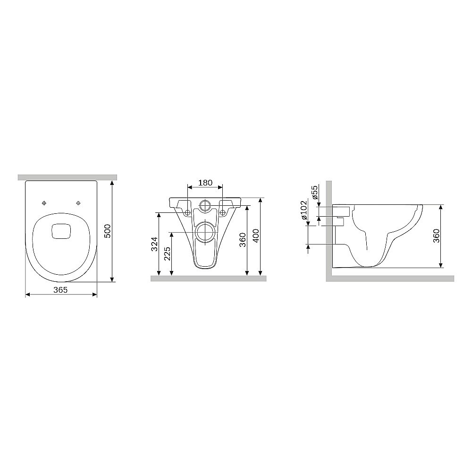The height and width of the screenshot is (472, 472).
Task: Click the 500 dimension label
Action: [108, 231]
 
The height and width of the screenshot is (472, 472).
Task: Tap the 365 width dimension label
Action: [60, 290]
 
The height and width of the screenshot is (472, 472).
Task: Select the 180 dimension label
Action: [205, 183]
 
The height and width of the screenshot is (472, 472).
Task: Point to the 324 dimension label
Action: [154, 244]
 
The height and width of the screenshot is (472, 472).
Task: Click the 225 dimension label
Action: [168, 254]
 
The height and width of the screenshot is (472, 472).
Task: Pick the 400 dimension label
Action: [255, 236]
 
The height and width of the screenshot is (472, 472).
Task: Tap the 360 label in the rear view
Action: [242, 240]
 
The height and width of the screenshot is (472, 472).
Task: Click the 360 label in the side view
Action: [436, 236]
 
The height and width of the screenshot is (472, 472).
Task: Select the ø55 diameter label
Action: [314, 193]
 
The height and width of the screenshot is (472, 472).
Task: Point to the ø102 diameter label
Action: [303, 210]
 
